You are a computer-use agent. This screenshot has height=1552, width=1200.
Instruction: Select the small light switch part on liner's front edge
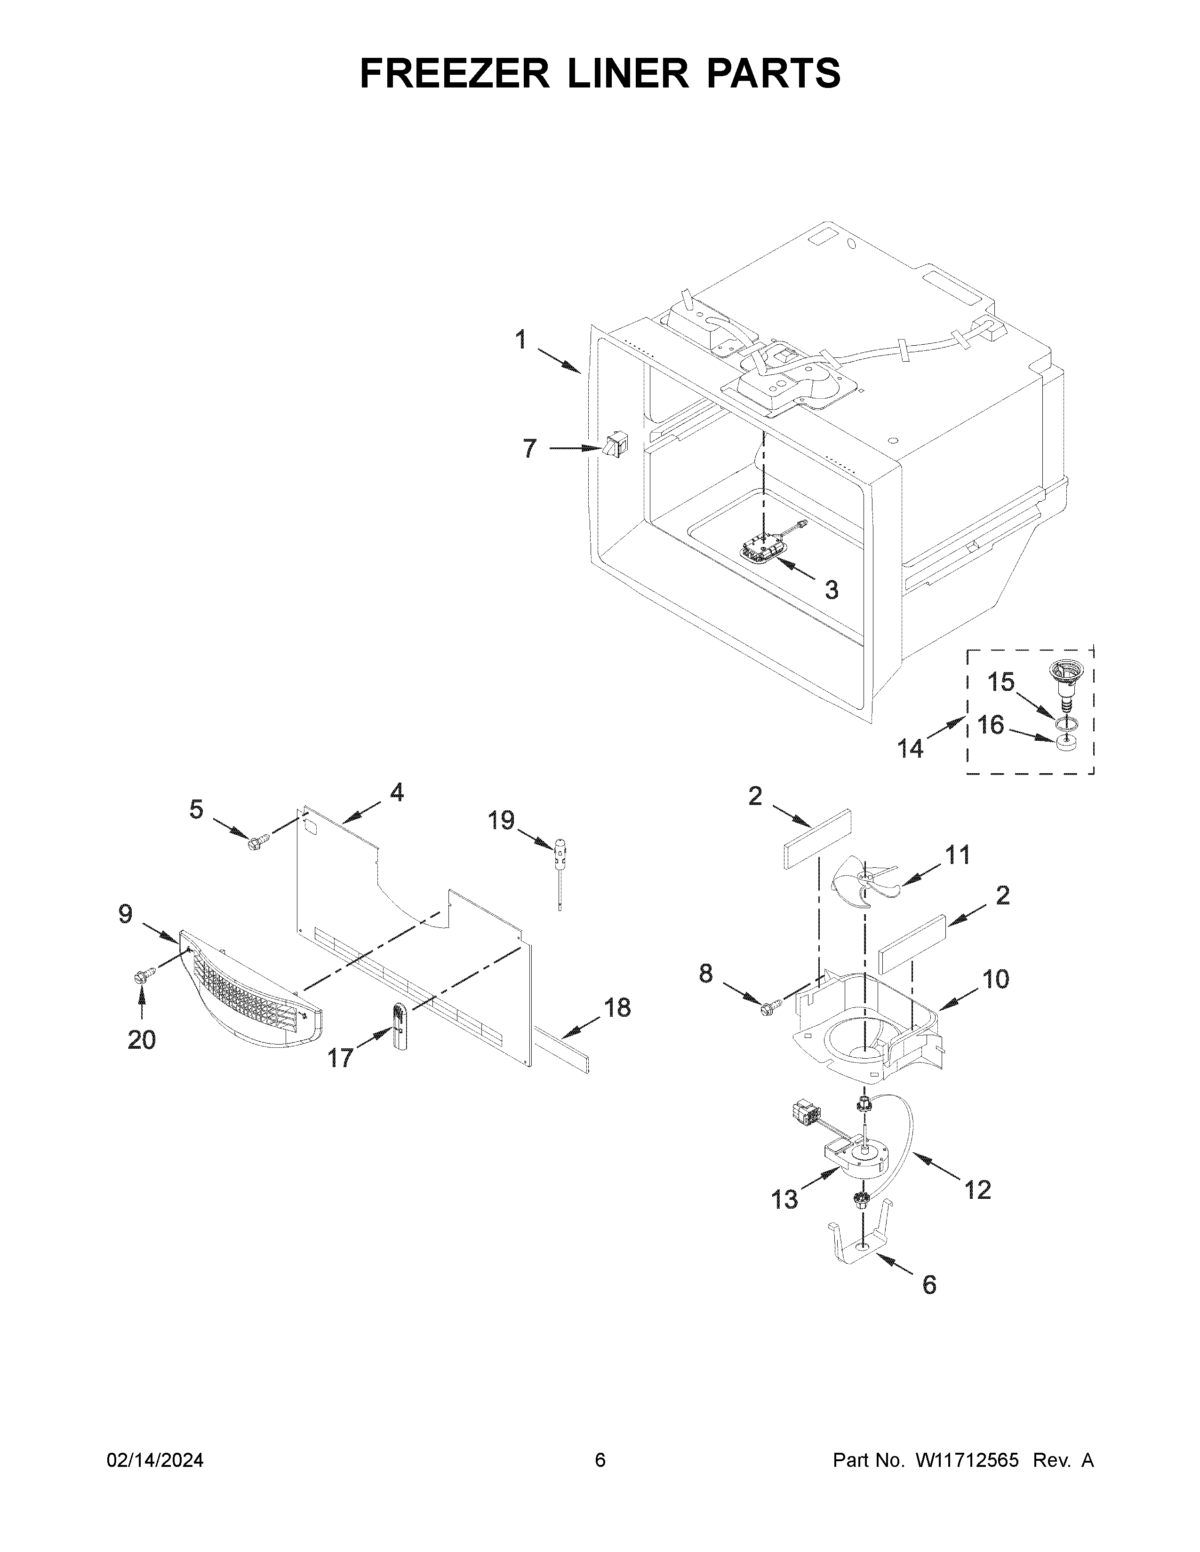click(616, 445)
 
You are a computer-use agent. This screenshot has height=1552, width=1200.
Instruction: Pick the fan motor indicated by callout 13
click(856, 1157)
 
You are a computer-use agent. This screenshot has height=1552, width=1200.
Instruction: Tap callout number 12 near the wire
click(977, 1189)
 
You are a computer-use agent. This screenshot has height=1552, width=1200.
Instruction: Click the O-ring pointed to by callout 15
click(1064, 723)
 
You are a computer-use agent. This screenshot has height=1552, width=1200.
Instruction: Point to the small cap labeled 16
click(1064, 743)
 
